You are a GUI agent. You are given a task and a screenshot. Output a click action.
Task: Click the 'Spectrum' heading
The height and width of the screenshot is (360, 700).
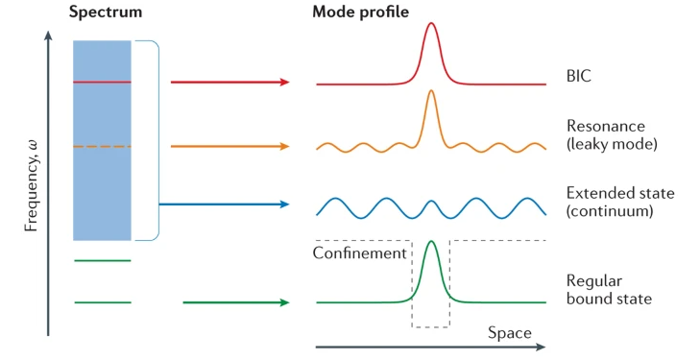(106, 12)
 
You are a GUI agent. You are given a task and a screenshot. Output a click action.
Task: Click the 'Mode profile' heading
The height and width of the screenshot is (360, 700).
(360, 12)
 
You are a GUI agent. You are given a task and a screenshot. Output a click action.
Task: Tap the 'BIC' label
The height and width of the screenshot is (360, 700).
(579, 76)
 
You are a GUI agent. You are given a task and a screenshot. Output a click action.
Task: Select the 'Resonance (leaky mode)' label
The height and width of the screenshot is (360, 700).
(612, 134)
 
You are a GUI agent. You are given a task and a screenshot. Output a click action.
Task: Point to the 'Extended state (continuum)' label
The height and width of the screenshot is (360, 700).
(620, 202)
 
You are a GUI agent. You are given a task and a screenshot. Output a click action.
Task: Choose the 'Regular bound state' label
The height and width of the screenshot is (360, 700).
(609, 290)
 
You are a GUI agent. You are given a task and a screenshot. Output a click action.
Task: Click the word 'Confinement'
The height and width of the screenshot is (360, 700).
(359, 252)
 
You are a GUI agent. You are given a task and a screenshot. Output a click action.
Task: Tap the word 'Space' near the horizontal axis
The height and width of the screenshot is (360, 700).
(509, 333)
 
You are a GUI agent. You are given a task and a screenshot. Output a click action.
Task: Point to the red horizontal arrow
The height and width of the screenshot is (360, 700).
(230, 83)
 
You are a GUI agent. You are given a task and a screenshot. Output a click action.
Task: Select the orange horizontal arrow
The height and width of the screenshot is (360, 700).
(230, 146)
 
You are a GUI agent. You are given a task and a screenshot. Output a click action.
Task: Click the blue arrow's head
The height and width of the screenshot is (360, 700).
(285, 204)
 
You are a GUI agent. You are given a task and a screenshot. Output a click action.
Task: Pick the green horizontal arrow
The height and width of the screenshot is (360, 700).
(236, 302)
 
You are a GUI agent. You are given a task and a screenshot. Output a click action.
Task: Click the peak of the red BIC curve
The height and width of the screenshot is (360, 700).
(431, 23)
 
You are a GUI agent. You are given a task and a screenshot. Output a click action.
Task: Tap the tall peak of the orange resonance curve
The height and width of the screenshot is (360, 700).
(431, 91)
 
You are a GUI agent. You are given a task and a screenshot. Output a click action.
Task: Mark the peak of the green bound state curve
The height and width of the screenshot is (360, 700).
(431, 242)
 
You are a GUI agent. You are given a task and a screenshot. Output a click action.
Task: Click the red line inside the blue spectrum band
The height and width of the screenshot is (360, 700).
(102, 83)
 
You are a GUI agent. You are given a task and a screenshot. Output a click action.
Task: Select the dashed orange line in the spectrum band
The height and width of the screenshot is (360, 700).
(102, 146)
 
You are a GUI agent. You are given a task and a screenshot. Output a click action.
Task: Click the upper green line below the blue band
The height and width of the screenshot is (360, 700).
(103, 260)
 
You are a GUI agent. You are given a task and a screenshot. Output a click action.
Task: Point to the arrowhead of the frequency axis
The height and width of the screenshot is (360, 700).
(48, 35)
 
